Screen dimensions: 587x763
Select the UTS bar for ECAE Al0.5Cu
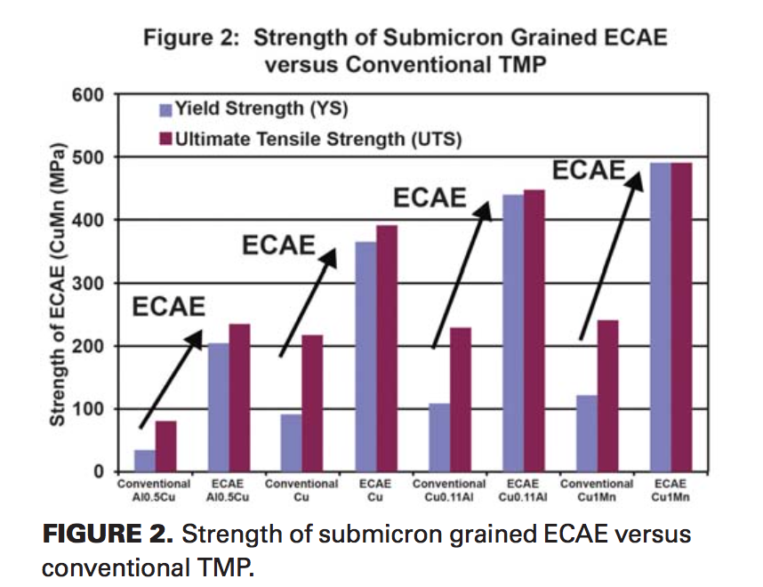239,398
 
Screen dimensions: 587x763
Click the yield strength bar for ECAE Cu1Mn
659,318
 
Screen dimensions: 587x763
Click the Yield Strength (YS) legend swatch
164,110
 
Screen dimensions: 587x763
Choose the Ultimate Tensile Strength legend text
318,139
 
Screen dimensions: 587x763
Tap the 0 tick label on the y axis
98,472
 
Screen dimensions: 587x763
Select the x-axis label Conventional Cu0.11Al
449,490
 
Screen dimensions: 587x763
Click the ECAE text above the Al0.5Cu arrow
169,307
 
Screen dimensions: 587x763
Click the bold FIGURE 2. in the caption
105,535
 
